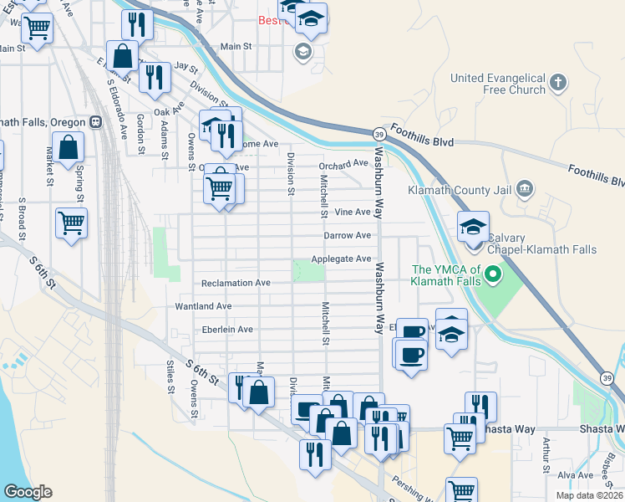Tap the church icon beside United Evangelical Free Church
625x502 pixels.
559,84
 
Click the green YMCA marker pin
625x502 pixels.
493,274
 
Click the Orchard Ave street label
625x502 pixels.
343,163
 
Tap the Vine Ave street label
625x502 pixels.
352,213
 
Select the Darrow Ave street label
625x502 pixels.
347,236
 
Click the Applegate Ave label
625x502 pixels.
341,259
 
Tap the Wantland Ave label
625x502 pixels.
203,307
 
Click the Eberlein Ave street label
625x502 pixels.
227,330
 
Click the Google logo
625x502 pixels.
28,492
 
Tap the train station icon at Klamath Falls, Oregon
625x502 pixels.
96,122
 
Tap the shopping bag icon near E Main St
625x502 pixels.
123,57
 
